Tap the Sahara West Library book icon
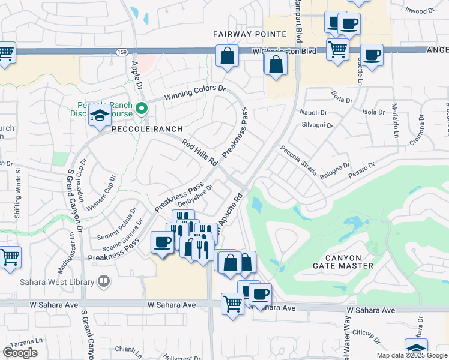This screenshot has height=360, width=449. pos(104,281)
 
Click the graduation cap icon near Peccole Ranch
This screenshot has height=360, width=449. pos(100,116)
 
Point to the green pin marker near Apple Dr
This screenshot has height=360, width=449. pos(142,109)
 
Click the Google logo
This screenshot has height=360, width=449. pos(20,353)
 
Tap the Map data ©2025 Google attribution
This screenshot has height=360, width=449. pos(411,355)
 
